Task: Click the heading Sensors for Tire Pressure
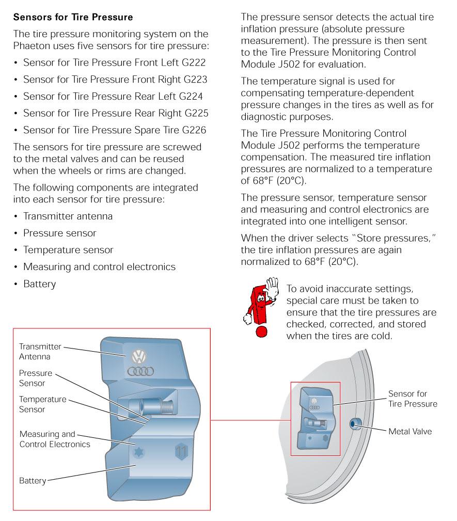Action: (x=73, y=17)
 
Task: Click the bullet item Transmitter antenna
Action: (x=68, y=216)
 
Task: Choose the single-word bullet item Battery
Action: (x=39, y=284)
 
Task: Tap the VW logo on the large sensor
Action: (x=139, y=356)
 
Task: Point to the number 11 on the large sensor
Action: (x=182, y=451)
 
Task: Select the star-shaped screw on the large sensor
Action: (x=139, y=451)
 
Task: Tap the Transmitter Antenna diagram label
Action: (x=40, y=351)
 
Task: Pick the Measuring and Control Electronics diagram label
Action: (x=54, y=439)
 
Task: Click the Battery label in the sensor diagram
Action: (x=33, y=481)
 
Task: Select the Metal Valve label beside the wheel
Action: (x=410, y=431)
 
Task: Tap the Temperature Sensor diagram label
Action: (x=42, y=404)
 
